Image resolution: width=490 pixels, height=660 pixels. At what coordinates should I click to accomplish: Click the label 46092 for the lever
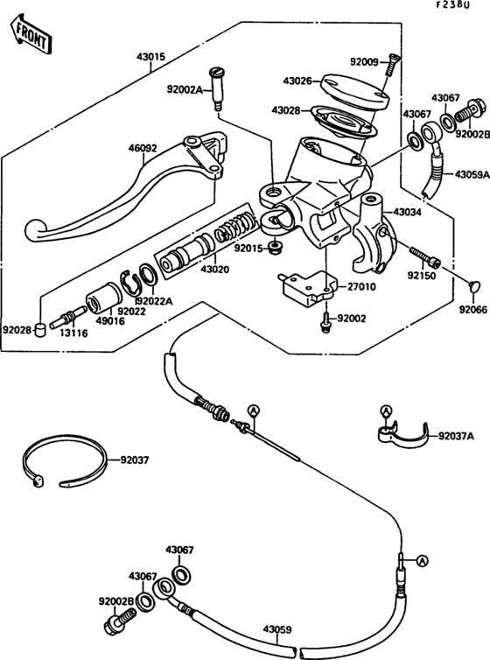[x=143, y=149]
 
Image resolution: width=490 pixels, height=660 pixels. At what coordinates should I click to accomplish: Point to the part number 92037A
[x=455, y=435]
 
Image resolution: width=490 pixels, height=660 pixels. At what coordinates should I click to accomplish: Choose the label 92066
[x=472, y=308]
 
